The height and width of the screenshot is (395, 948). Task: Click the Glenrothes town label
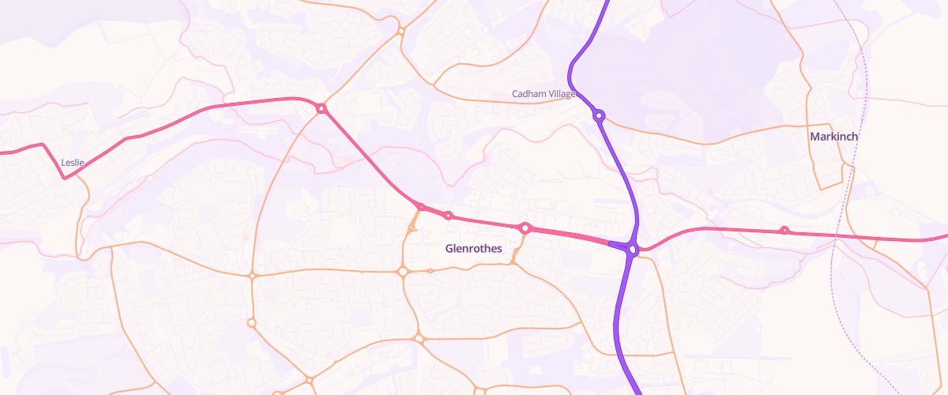[x=474, y=248]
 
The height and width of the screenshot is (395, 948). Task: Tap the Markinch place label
[x=833, y=137]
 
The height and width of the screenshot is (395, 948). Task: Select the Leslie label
[x=73, y=162]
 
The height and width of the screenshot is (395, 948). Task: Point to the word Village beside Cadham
[x=562, y=94]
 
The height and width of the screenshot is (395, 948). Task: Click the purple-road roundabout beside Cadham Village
[x=599, y=115]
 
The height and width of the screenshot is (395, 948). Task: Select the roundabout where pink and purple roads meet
[x=632, y=250]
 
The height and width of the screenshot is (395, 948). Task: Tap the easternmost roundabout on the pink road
[x=784, y=230]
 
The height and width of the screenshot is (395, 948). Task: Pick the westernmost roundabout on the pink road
[x=322, y=108]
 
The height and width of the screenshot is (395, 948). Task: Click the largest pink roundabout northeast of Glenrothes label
[x=525, y=228]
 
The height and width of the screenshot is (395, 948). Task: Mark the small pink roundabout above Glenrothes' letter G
[x=448, y=216]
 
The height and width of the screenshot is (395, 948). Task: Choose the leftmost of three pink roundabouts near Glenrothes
[x=421, y=208]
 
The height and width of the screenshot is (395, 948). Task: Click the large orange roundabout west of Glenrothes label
[x=403, y=272]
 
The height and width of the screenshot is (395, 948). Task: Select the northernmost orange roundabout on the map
[x=401, y=31]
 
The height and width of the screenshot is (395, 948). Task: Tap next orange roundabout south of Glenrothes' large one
[x=419, y=339]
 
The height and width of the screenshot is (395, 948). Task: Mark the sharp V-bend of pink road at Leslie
[x=65, y=178]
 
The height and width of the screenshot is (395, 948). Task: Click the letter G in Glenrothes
[x=450, y=248]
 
